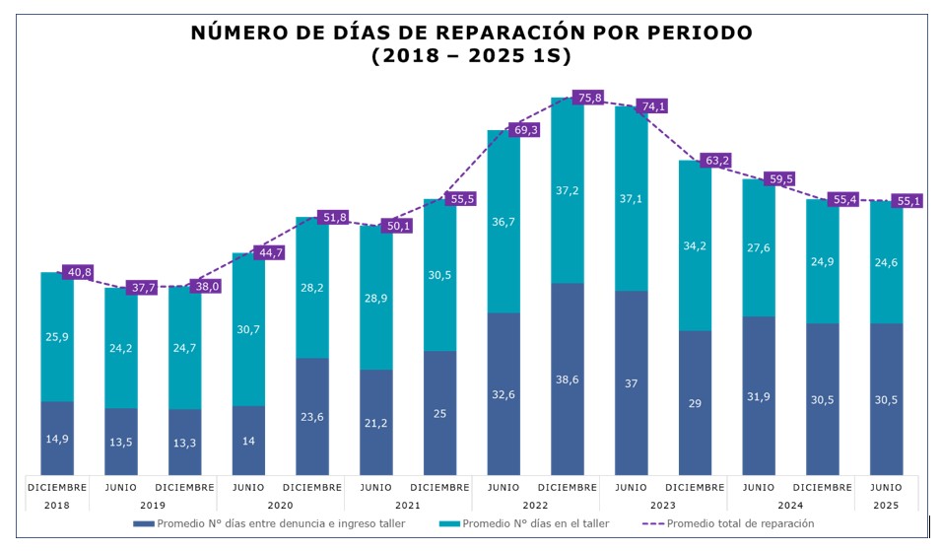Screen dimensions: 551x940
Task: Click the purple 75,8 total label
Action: [589, 98]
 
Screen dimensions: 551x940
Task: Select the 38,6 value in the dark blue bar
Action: [568, 379]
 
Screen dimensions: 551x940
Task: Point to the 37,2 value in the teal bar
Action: [568, 190]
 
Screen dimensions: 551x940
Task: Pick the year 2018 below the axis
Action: [57, 505]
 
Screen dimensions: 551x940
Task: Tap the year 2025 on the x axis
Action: [886, 505]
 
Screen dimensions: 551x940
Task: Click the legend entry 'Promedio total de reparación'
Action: [740, 523]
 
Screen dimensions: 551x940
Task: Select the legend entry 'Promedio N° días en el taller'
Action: [536, 523]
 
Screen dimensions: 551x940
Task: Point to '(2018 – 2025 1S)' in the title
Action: [470, 56]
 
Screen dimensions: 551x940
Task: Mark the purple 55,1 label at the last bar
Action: [908, 201]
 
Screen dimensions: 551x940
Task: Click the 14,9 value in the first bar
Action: [57, 440]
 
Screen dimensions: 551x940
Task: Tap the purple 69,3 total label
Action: [525, 130]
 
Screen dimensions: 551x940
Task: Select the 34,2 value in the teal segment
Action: [696, 245]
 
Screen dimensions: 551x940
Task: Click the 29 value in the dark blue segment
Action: [696, 404]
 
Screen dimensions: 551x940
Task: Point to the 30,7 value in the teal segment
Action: [248, 329]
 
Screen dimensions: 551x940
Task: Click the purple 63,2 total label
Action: [717, 160]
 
